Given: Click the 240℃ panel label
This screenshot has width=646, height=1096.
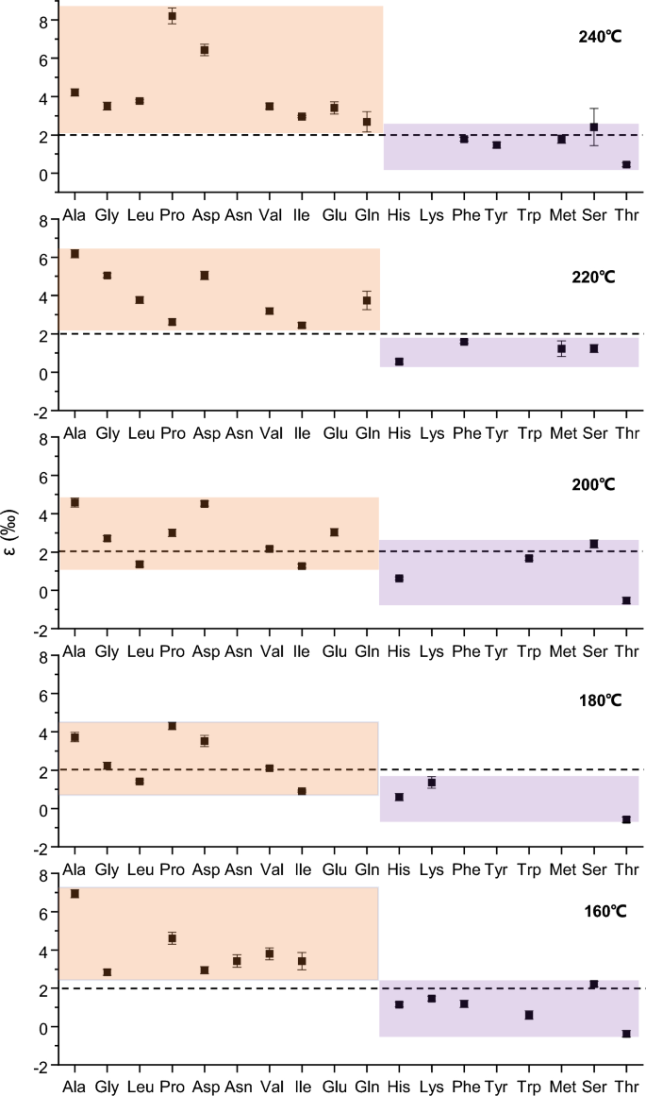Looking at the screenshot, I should click(598, 38).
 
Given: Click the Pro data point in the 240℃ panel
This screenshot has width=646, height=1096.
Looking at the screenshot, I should click(172, 16).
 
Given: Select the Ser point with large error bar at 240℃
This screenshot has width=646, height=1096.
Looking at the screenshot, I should click(594, 126).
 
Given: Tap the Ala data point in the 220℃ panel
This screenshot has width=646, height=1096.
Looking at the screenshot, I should click(75, 254).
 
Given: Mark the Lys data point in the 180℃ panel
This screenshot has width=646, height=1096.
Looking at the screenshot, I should click(432, 783).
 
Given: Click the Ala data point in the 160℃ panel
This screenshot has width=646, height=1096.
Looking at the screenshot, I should click(75, 893).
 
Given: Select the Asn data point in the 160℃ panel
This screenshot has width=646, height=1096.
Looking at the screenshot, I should click(237, 961).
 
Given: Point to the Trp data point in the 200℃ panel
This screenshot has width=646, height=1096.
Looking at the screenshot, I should click(529, 558).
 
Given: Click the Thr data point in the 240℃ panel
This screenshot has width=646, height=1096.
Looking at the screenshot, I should click(626, 164).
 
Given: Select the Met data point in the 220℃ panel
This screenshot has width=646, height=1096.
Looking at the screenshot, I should click(561, 348).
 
